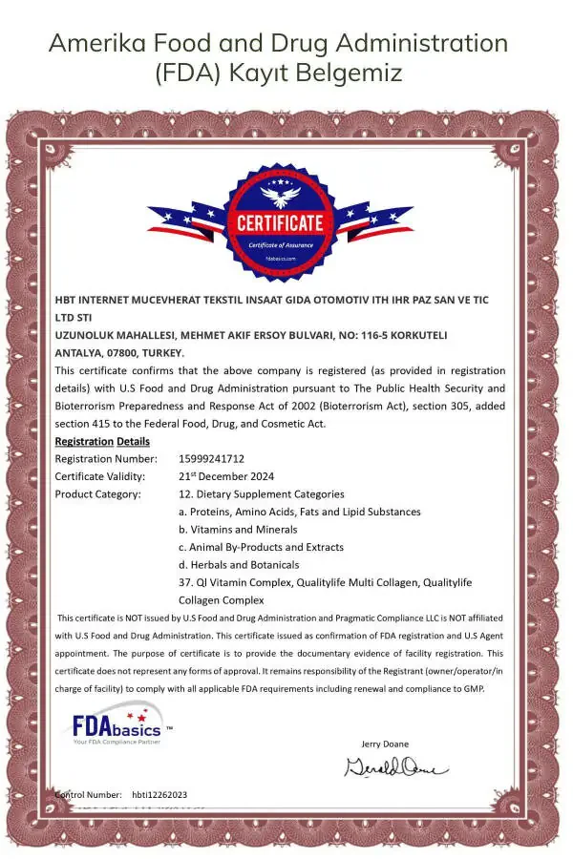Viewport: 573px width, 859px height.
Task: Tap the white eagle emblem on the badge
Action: (x=280, y=196)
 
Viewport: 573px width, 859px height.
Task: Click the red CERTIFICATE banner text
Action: (x=280, y=223)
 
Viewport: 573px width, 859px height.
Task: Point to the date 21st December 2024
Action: (x=227, y=476)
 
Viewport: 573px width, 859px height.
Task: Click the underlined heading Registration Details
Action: (x=102, y=441)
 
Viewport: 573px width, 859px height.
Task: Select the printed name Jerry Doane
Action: (x=386, y=744)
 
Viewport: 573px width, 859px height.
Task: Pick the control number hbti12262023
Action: (x=159, y=794)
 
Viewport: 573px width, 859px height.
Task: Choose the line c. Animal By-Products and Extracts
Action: (x=261, y=547)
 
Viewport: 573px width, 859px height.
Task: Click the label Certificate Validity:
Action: (x=100, y=476)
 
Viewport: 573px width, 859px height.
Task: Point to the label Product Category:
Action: (x=97, y=494)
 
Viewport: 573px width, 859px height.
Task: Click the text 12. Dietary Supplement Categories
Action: (x=262, y=494)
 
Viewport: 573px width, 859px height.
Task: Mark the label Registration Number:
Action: (x=106, y=458)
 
